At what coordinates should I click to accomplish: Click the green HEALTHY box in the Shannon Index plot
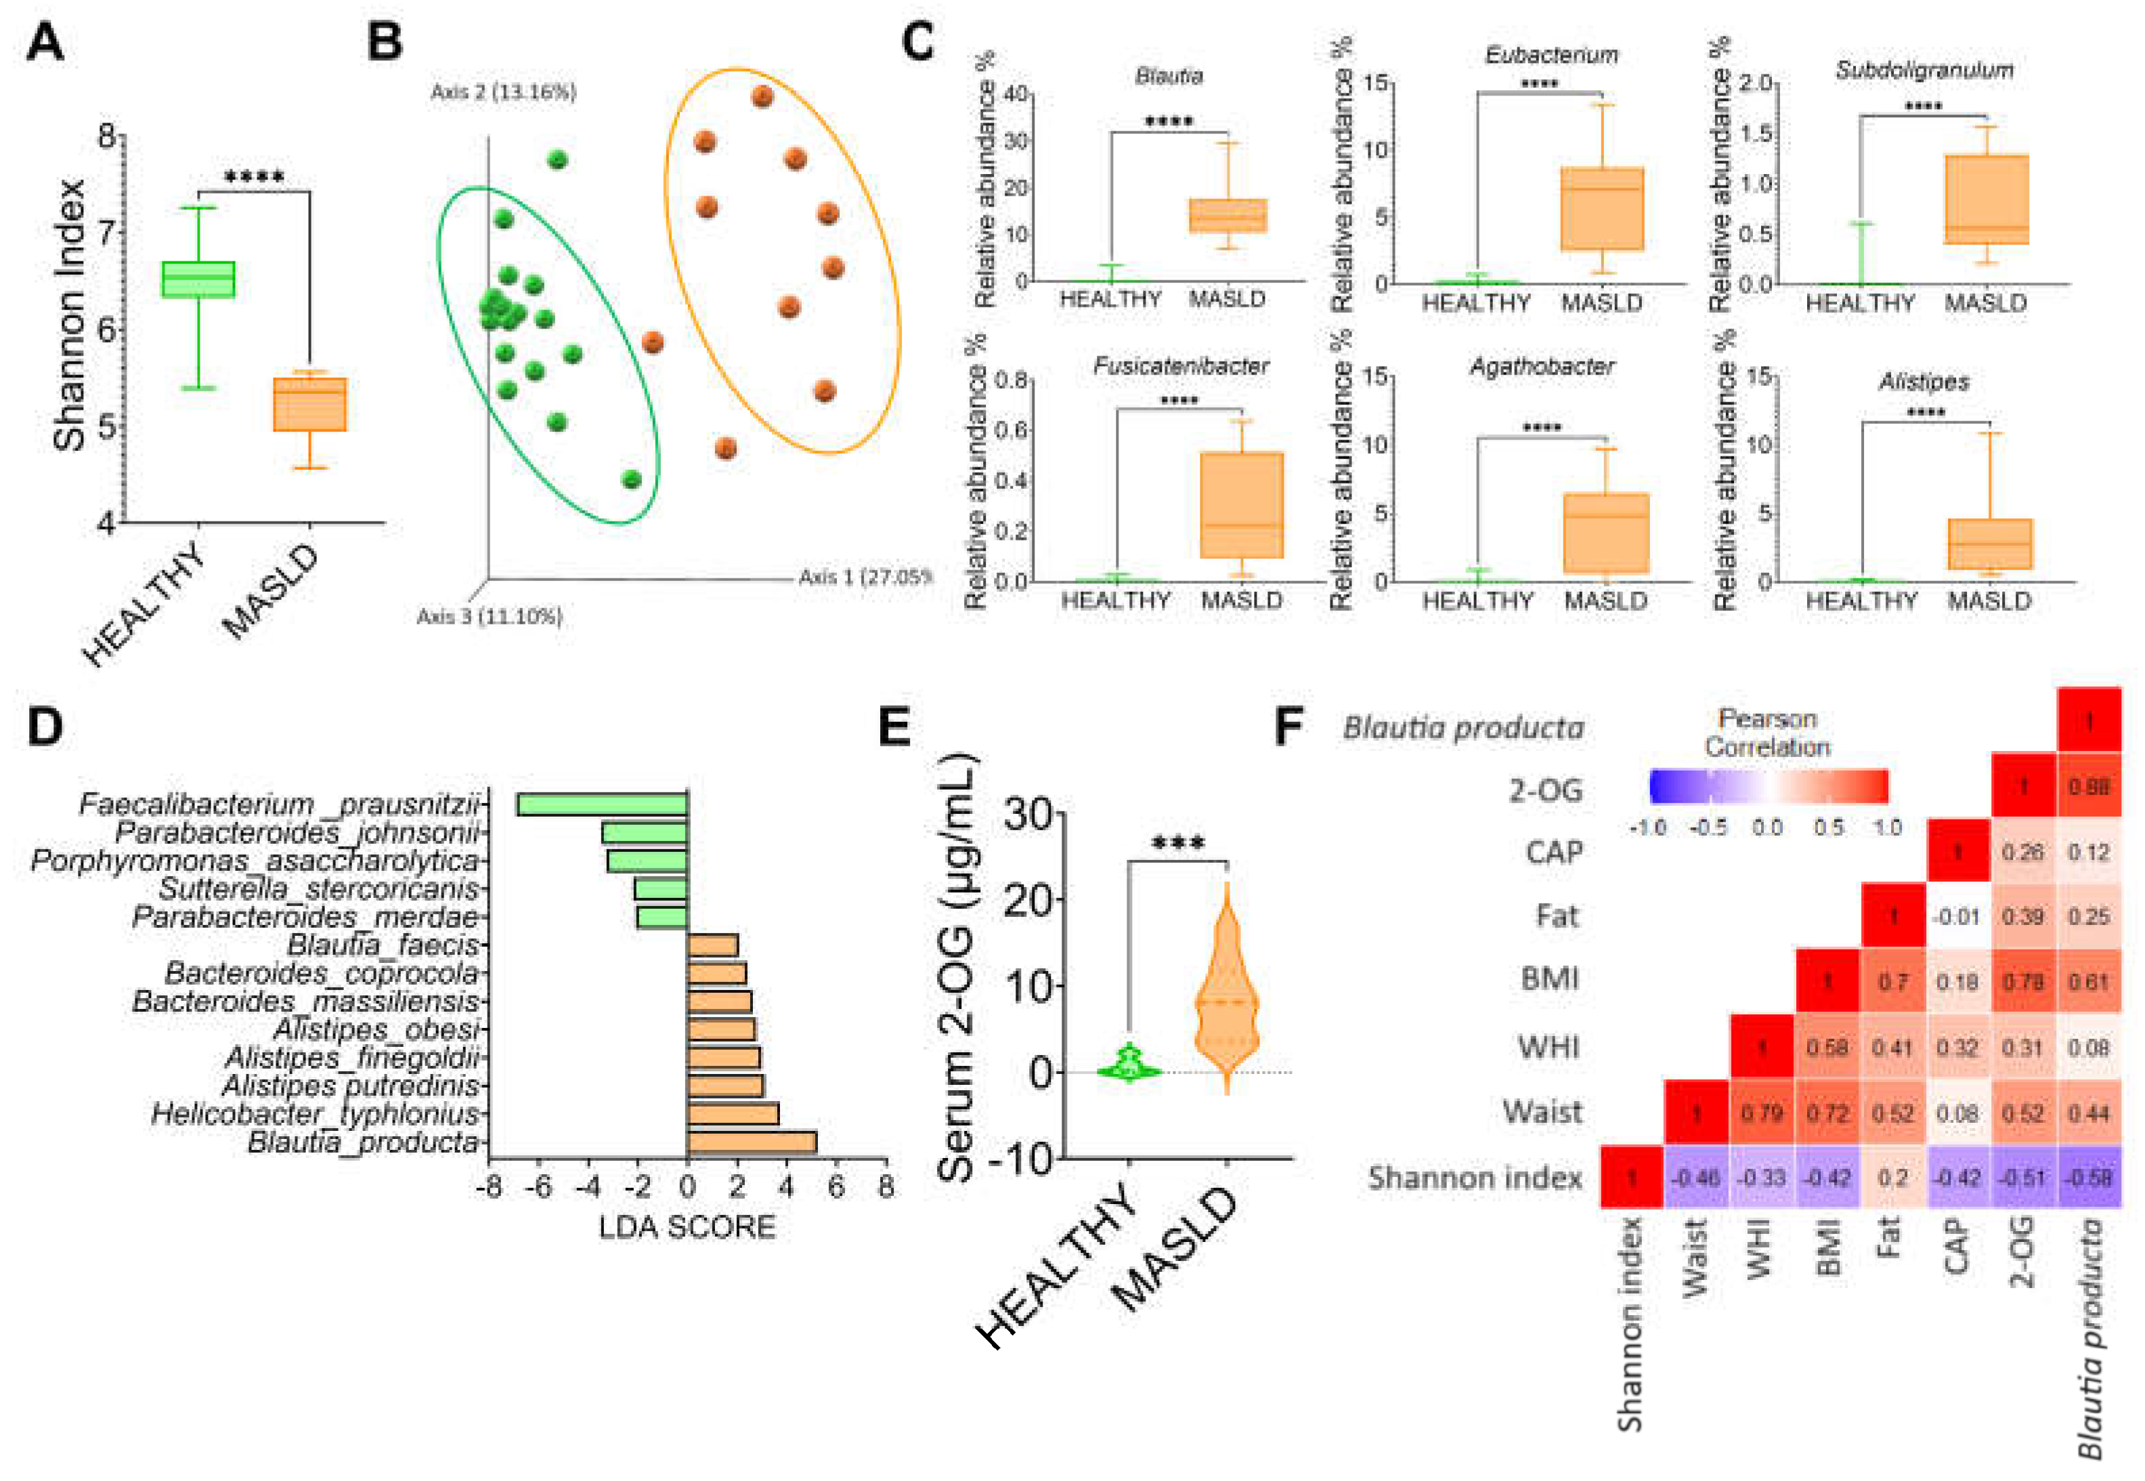pos(198,278)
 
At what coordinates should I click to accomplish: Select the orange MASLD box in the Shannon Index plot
pos(310,404)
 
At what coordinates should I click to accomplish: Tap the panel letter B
pos(385,43)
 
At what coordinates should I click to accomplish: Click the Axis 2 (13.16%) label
pos(503,92)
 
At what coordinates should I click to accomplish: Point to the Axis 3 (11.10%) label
pos(489,617)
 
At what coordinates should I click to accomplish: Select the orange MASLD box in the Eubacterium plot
pos(1602,209)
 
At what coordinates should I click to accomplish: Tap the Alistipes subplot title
pos(1924,381)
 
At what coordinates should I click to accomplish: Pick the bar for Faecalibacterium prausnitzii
pos(601,804)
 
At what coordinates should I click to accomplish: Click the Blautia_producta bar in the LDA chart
pos(752,1141)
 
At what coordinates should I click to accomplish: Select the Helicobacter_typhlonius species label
pos(316,1113)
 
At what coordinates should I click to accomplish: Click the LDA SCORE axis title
pos(687,1227)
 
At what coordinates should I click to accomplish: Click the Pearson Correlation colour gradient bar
pos(1769,786)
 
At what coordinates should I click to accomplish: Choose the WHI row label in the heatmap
pos(1548,1047)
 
